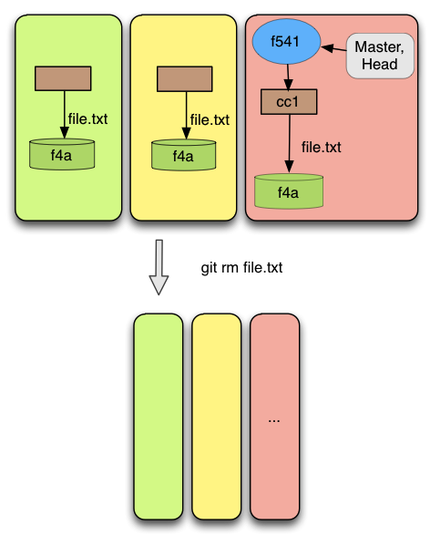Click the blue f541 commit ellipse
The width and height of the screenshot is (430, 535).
pyautogui.click(x=286, y=41)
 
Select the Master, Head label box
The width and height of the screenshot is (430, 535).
pyautogui.click(x=380, y=56)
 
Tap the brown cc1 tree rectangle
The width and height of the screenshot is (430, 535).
pyautogui.click(x=289, y=102)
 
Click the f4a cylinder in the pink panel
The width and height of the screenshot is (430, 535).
pyautogui.click(x=289, y=191)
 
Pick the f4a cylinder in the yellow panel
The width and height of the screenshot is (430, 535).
pyautogui.click(x=183, y=155)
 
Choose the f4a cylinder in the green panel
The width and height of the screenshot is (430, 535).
pyautogui.click(x=62, y=154)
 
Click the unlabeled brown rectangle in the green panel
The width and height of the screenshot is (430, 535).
pyautogui.click(x=63, y=78)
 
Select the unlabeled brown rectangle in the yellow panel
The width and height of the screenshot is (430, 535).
pyautogui.click(x=184, y=78)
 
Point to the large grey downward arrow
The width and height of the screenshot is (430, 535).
pyautogui.click(x=159, y=267)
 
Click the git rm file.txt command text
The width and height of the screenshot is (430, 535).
pyautogui.click(x=241, y=268)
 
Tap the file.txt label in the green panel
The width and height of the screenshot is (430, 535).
pyautogui.click(x=87, y=119)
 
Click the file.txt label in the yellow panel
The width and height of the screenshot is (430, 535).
pyautogui.click(x=210, y=119)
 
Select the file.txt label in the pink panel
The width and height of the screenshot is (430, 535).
pyautogui.click(x=321, y=147)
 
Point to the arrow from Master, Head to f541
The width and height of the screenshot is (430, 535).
pyautogui.click(x=333, y=49)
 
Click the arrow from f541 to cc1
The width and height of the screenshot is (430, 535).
pyautogui.click(x=288, y=77)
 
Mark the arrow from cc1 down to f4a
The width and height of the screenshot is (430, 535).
pyautogui.click(x=289, y=143)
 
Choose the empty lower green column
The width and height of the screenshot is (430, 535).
pyautogui.click(x=159, y=417)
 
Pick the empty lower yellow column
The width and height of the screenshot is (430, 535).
pyautogui.click(x=217, y=417)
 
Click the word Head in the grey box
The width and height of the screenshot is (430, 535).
pyautogui.click(x=380, y=64)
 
